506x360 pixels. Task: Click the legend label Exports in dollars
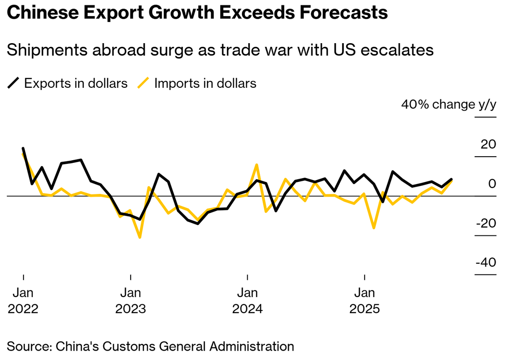[76, 83]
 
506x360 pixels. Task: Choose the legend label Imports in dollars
[205, 83]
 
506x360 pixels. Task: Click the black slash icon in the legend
[14, 83]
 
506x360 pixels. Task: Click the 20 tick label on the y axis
[488, 144]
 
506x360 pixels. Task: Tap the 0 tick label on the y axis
[492, 184]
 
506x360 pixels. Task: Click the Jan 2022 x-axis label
[23, 301]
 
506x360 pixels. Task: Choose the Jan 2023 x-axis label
[131, 301]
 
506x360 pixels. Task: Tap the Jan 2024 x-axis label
[247, 301]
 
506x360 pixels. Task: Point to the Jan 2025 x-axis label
[364, 301]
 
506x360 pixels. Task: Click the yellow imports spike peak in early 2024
[257, 165]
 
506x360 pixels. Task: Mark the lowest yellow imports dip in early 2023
[140, 237]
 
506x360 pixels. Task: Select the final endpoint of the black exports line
[452, 179]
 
